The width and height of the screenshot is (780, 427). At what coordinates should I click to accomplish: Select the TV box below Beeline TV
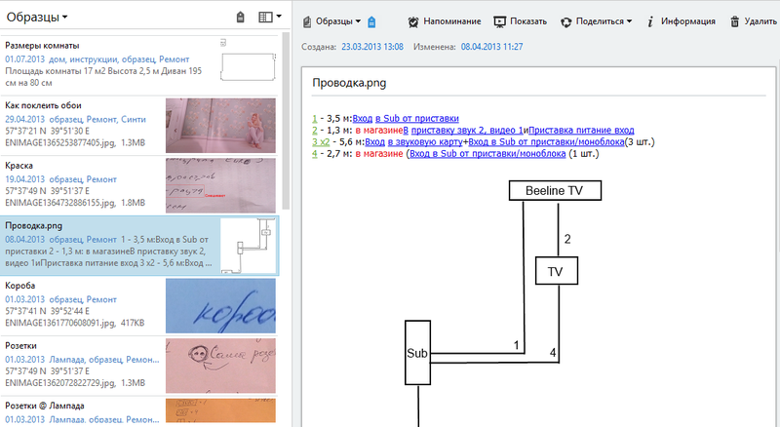pos(557,271)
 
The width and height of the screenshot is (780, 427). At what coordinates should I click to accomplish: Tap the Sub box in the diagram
pos(417,353)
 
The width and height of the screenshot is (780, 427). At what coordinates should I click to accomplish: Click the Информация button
pos(682,21)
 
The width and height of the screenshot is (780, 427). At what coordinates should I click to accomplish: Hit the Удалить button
pos(751,21)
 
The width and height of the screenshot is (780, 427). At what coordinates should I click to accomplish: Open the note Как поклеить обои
pos(43,105)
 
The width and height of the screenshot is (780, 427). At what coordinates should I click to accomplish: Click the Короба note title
pos(22,286)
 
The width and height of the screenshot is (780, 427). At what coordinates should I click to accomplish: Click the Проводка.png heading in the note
pos(349,83)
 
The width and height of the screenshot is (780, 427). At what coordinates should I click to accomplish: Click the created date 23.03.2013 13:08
pos(370,46)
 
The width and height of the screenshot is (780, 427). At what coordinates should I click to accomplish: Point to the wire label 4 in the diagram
pos(553,351)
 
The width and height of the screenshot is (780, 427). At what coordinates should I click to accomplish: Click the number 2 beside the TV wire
pos(566,239)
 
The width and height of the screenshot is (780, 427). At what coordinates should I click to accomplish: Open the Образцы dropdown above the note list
pos(37,17)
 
